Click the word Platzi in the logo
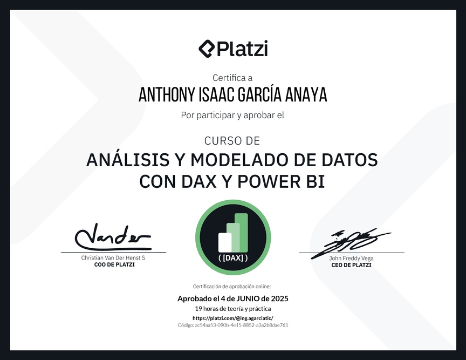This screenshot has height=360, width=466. pos(243,49)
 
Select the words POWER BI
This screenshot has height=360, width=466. pos(281,181)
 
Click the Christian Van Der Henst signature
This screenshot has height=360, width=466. pos(113,237)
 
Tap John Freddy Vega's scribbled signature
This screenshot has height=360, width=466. pos(351,242)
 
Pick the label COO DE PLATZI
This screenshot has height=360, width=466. pos(114,264)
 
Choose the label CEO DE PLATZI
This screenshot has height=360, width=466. pos(351,265)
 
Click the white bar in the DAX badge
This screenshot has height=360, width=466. pos(225,242)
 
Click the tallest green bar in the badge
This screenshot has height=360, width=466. pos(241,233)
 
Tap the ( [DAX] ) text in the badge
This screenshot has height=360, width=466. pos(233,257)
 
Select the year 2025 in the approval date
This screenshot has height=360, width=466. pos(280,298)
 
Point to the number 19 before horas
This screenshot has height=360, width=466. pos(198,309)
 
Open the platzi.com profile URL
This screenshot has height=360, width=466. pos(233,318)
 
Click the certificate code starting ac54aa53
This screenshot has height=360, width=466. pos(241,325)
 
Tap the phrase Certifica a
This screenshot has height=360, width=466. pos(232,78)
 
